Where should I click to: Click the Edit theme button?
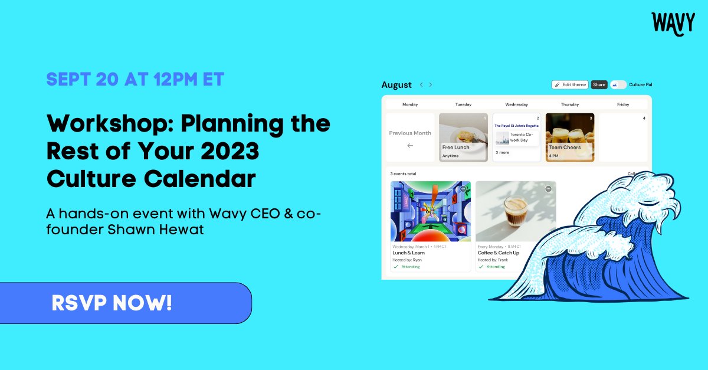tap(570, 85)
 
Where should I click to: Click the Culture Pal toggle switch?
tap(618, 85)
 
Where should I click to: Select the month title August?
tap(396, 85)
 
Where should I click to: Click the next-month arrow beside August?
tap(431, 85)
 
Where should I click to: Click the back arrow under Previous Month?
tap(410, 146)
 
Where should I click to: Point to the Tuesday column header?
tap(463, 104)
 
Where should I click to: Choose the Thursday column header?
tap(569, 104)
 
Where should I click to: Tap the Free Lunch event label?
tap(456, 148)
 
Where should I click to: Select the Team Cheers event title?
tap(565, 148)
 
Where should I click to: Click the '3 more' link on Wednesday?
tap(502, 152)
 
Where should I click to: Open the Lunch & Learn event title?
tap(408, 253)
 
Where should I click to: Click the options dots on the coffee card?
tap(548, 189)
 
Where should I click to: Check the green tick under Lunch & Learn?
tap(396, 267)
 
